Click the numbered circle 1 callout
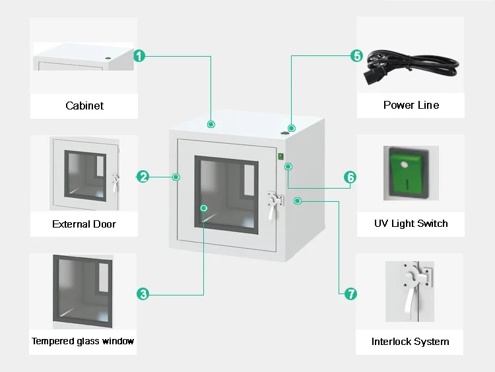[x=139, y=56]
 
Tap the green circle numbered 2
[x=143, y=176]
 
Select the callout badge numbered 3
[x=143, y=294]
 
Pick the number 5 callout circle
[x=356, y=56]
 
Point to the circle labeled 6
[x=350, y=177]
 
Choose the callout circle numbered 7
[x=350, y=294]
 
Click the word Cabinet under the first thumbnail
[x=84, y=106]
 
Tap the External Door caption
[x=84, y=224]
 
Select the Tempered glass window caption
[x=83, y=342]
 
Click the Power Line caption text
[x=411, y=106]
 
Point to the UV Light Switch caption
[x=411, y=224]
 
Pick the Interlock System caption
[x=410, y=342]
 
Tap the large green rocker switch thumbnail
[x=411, y=173]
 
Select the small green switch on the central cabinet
[x=280, y=157]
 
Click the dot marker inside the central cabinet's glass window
[x=204, y=208]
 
